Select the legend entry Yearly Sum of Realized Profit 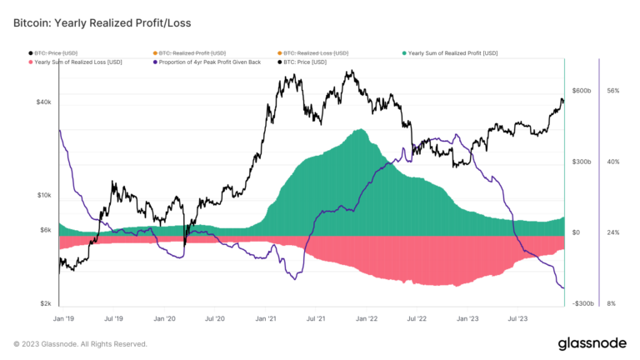click(452, 52)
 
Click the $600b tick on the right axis click(581, 91)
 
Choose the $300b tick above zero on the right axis click(581, 162)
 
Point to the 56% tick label click(612, 91)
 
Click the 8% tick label click(612, 304)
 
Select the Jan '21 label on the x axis click(267, 318)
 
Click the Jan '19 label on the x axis click(63, 318)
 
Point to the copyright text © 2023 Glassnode click(80, 343)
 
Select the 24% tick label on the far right click(612, 233)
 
